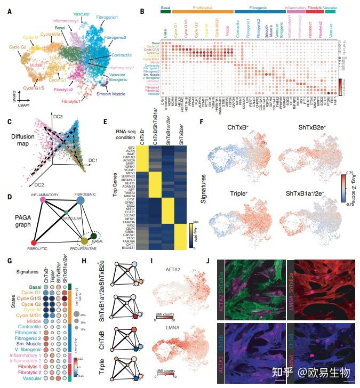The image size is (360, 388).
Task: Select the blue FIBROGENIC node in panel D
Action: (81, 200)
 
